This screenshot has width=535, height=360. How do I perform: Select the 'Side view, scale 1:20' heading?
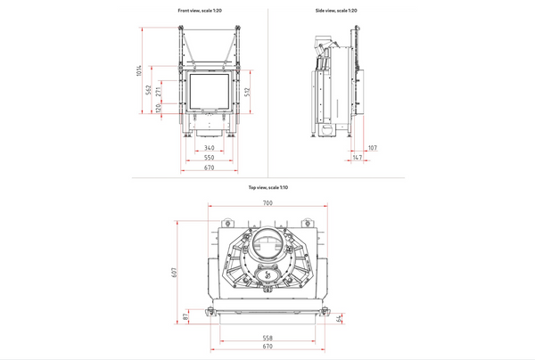(x=336, y=10)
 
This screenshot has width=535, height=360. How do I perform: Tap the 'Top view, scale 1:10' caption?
(x=267, y=188)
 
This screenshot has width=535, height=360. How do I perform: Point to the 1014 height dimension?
(x=139, y=71)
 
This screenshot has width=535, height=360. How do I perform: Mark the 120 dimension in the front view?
(x=158, y=108)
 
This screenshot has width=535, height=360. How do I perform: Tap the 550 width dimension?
(x=209, y=158)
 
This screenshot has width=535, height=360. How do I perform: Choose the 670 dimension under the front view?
(x=209, y=168)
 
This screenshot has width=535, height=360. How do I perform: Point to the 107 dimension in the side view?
(x=372, y=148)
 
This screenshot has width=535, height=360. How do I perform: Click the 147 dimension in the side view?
(x=358, y=158)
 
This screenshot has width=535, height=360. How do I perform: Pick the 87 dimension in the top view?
(x=185, y=315)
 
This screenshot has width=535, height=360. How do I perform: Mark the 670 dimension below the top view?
(x=267, y=348)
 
